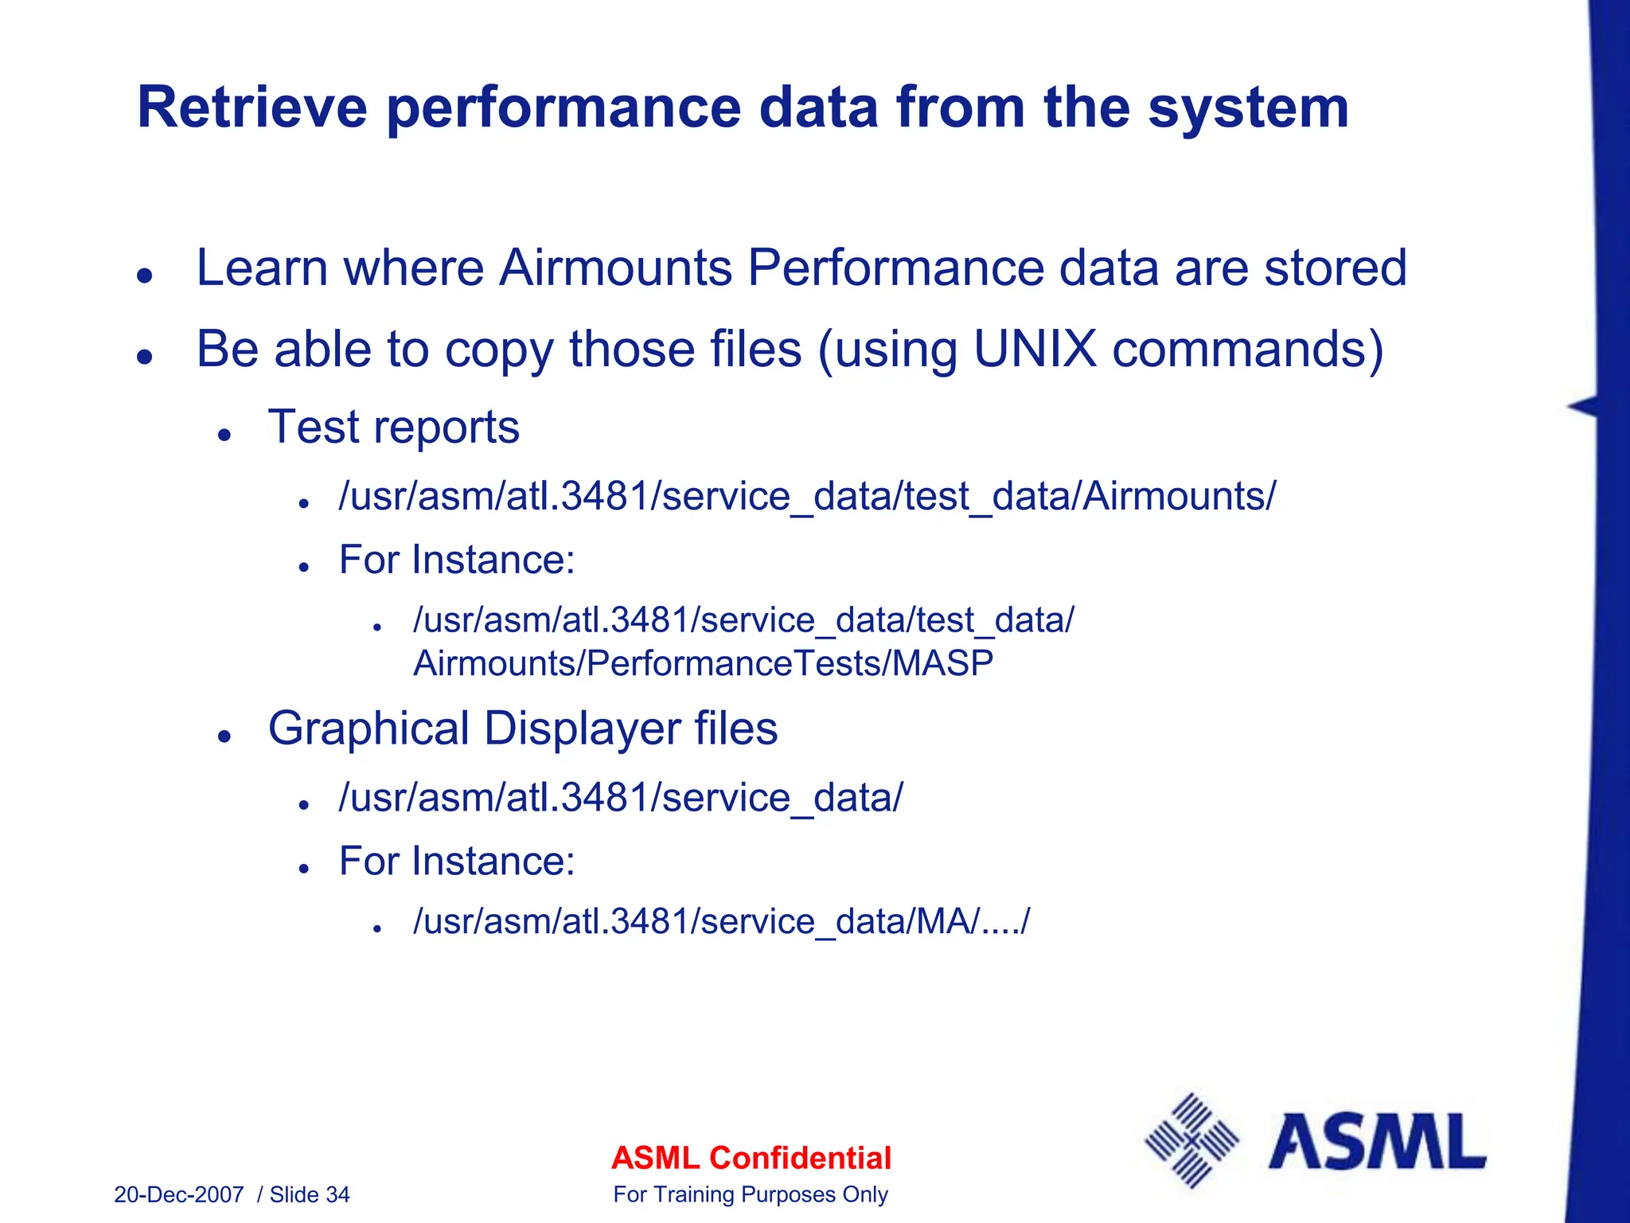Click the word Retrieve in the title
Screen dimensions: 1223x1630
[252, 107]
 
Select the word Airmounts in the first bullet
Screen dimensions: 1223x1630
[615, 268]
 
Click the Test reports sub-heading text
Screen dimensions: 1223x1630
[393, 428]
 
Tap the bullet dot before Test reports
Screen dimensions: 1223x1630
[224, 435]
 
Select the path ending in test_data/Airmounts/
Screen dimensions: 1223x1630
[806, 497]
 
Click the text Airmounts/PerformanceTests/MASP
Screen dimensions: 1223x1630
[704, 663]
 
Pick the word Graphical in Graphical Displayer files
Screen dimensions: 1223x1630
[369, 729]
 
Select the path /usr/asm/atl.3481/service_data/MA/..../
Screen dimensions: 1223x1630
[721, 921]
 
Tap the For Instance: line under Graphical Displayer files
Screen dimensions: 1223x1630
[457, 861]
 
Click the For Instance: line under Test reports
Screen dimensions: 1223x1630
[457, 560]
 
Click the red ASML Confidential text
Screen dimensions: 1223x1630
[751, 1158]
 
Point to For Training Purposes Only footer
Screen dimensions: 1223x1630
[751, 1194]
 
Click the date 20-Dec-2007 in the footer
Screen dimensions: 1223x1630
[179, 1194]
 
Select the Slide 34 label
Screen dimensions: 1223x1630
[310, 1194]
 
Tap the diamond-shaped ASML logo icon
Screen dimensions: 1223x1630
[1191, 1140]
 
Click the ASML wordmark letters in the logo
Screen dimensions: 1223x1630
[1377, 1142]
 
